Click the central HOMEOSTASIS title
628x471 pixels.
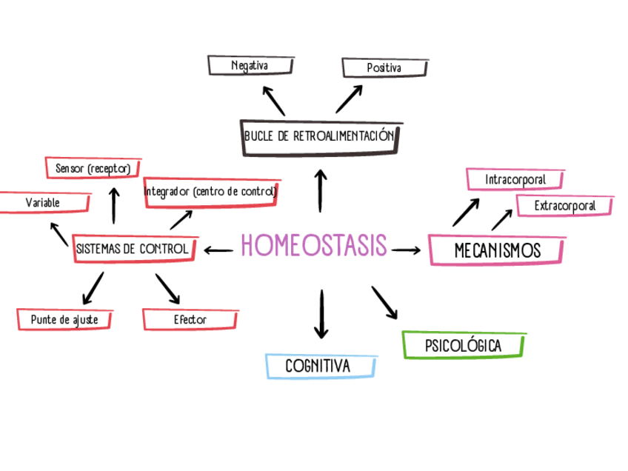click(x=314, y=245)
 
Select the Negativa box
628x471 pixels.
click(x=248, y=66)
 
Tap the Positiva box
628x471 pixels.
click(x=384, y=68)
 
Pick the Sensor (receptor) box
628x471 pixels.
click(x=93, y=169)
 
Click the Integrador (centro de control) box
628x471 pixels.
click(x=211, y=192)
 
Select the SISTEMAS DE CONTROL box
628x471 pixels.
click(x=133, y=249)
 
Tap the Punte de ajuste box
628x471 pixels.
click(x=65, y=320)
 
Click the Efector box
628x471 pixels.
click(x=190, y=320)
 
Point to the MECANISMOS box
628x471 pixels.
click(x=497, y=250)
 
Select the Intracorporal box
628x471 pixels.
click(x=515, y=179)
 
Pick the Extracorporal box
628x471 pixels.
click(x=564, y=206)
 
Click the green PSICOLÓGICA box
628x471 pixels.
click(x=463, y=346)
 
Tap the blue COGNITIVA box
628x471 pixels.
click(x=318, y=366)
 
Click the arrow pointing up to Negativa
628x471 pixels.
click(x=273, y=99)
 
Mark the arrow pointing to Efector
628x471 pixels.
click(x=167, y=289)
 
